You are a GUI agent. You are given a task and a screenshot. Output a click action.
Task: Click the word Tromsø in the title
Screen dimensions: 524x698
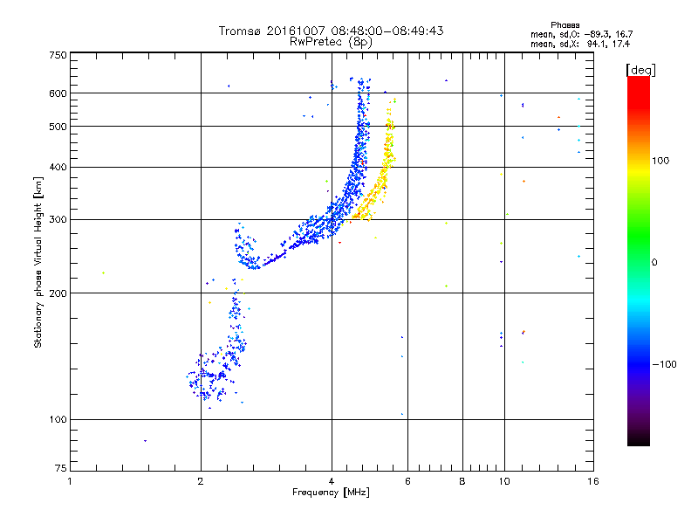coord(238,31)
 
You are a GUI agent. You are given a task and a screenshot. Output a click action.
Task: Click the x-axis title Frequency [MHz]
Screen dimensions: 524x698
coord(331,493)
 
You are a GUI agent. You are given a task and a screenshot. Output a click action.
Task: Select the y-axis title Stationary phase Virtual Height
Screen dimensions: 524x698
coord(38,262)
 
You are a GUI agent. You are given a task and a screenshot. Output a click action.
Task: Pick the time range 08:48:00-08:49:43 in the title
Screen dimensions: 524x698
coord(381,31)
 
